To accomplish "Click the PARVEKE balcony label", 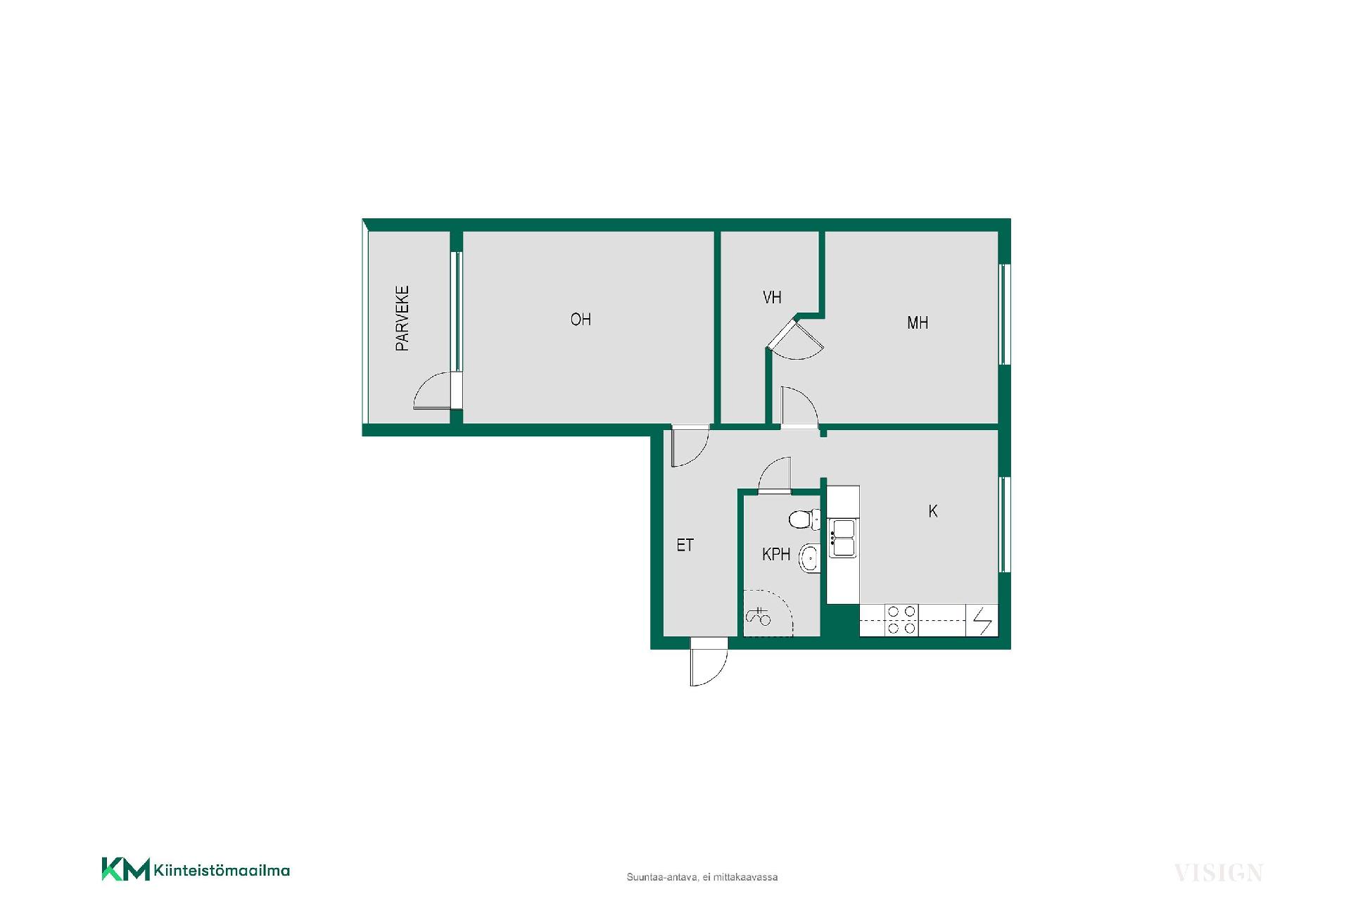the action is (x=402, y=318).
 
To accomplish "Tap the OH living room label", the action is (x=581, y=320).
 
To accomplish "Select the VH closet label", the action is (x=772, y=298).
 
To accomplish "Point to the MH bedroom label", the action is (x=918, y=323).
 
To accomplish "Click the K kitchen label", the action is (x=933, y=511).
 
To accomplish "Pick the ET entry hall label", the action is (x=685, y=545).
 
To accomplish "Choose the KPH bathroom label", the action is (x=776, y=555).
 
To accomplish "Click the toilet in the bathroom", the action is (x=804, y=520).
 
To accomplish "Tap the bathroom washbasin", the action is (x=810, y=558).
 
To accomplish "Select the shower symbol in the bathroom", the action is (x=759, y=617).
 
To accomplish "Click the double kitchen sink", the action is (x=842, y=538).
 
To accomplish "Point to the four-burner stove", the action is (x=901, y=620).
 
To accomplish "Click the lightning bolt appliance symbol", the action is (x=982, y=621).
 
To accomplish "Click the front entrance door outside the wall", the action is (x=709, y=662).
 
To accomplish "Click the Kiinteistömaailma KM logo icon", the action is (x=125, y=869).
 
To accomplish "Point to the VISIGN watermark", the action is (x=1219, y=873).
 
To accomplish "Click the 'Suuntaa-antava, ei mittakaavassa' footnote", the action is (x=702, y=877).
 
